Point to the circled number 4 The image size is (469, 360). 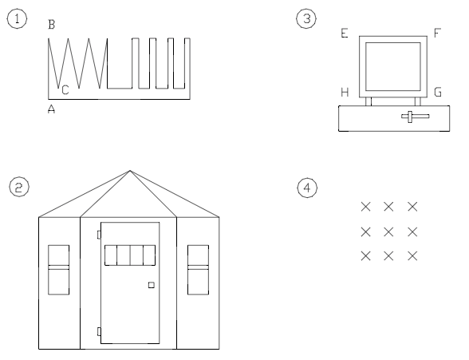pyautogui.click(x=303, y=187)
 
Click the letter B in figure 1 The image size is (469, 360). pyautogui.click(x=51, y=26)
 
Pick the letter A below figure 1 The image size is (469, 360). pyautogui.click(x=51, y=110)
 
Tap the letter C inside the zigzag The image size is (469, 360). pyautogui.click(x=65, y=90)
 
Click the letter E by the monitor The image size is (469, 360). pyautogui.click(x=345, y=34)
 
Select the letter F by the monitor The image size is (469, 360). pyautogui.click(x=437, y=34)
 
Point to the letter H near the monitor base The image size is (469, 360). pyautogui.click(x=345, y=93)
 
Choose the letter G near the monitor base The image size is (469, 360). pyautogui.click(x=437, y=93)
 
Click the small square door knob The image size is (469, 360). pyautogui.click(x=151, y=285)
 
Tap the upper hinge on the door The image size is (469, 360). pyautogui.click(x=98, y=234)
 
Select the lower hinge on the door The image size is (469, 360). pyautogui.click(x=98, y=330)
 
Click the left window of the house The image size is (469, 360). pyautogui.click(x=59, y=269)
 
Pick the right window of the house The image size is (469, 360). pyautogui.click(x=198, y=269)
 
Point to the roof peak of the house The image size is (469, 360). pyautogui.click(x=129, y=170)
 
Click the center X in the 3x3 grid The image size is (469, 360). pyautogui.click(x=389, y=231)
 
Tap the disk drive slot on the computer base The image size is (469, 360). pyautogui.click(x=415, y=117)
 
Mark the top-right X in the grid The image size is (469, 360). pyautogui.click(x=413, y=207)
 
